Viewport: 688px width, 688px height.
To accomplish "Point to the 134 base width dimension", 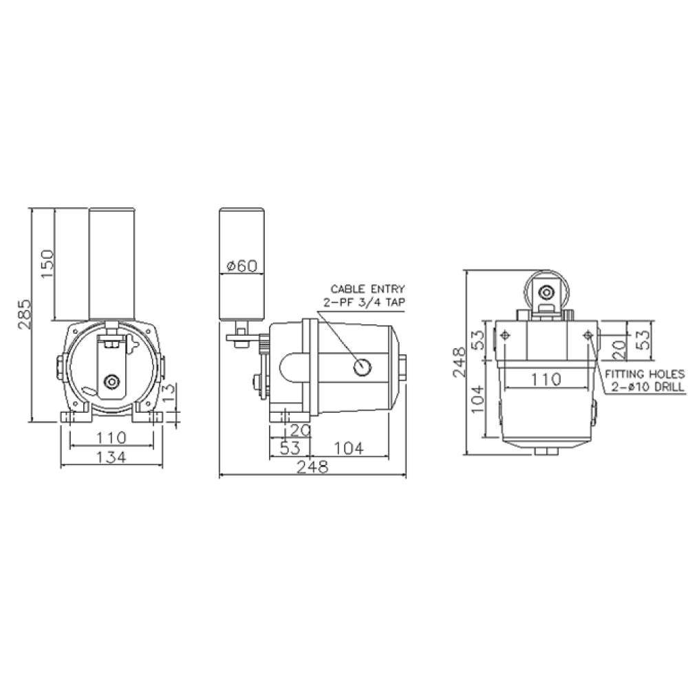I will coord(111,457).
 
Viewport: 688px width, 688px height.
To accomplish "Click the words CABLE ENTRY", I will coord(368,289).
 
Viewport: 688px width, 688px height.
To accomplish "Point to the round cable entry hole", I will coord(362,368).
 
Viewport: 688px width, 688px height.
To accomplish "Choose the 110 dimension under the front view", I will coord(111,437).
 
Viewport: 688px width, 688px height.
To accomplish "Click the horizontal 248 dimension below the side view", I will coord(312,467).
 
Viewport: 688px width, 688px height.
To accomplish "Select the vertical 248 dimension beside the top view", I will coord(459,361).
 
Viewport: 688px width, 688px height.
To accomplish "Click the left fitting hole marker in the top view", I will coord(506,334).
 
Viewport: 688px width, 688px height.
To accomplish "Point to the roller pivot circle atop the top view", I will coord(547,290).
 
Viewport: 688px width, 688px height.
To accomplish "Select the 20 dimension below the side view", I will coord(300,431).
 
